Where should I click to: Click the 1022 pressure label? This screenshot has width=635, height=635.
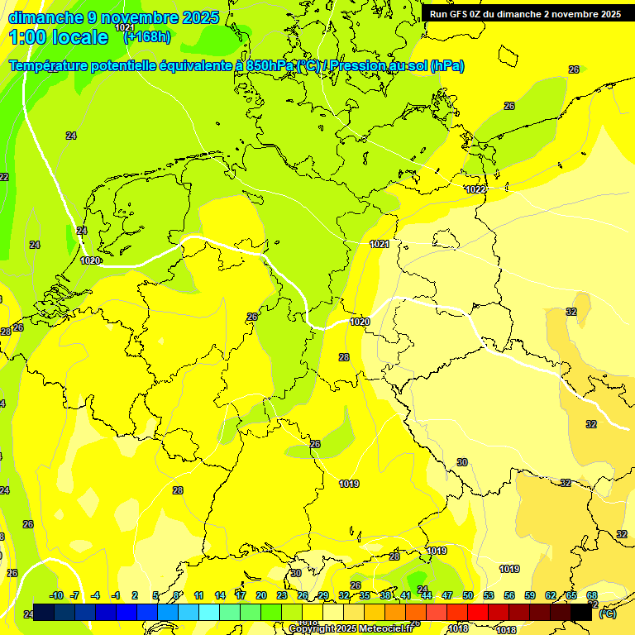click(x=475, y=189)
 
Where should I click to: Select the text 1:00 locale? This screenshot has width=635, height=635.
click(x=58, y=36)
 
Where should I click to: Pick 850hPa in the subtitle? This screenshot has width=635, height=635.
click(x=270, y=65)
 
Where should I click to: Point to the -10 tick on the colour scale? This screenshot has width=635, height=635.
click(x=56, y=595)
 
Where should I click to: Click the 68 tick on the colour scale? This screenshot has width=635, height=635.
click(x=592, y=595)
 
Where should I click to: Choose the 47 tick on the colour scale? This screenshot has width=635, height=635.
click(x=447, y=595)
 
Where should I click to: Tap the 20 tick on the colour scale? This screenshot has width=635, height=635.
click(x=260, y=595)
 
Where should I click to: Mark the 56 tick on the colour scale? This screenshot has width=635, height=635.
click(x=509, y=595)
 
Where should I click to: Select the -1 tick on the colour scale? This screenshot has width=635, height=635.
click(x=116, y=595)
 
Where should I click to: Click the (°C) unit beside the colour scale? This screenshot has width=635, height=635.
click(x=607, y=614)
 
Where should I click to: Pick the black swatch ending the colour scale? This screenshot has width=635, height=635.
click(x=581, y=613)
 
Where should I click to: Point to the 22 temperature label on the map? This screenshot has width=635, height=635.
click(x=3, y=177)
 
